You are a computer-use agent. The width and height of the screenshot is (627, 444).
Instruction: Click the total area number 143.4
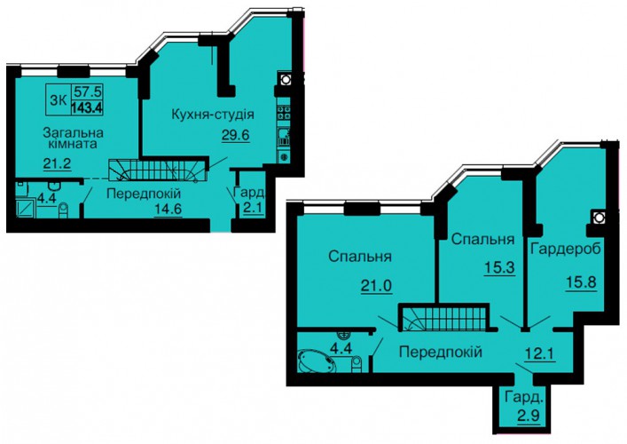coord(87,108)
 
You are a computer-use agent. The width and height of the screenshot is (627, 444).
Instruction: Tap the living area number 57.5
coord(87,91)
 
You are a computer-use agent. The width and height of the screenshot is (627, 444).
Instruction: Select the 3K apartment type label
coord(59,100)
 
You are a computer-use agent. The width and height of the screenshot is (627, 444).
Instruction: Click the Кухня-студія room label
coord(213,115)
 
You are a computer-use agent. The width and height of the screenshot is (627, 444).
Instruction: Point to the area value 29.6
coord(236,135)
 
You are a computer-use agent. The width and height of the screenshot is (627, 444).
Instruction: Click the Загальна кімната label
coord(74,138)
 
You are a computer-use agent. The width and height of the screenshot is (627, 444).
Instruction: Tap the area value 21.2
coord(57,163)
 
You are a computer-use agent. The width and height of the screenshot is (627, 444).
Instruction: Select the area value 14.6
coord(169,210)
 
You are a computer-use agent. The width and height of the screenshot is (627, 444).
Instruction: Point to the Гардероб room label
coord(566,249)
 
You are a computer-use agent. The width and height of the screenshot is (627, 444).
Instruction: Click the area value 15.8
coord(581,282)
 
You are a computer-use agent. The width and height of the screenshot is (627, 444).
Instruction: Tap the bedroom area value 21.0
coord(376,286)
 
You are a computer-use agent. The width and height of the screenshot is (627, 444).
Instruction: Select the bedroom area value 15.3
coord(499,267)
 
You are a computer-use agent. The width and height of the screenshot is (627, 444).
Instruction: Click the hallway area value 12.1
coord(540,353)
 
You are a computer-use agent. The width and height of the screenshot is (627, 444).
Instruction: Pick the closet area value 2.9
coord(529,415)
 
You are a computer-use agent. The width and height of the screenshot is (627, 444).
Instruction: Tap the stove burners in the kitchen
coord(284,112)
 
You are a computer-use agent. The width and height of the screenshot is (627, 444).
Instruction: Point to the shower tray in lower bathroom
coord(27,209)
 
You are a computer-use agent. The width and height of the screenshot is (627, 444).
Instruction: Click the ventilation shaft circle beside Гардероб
coord(599,218)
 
